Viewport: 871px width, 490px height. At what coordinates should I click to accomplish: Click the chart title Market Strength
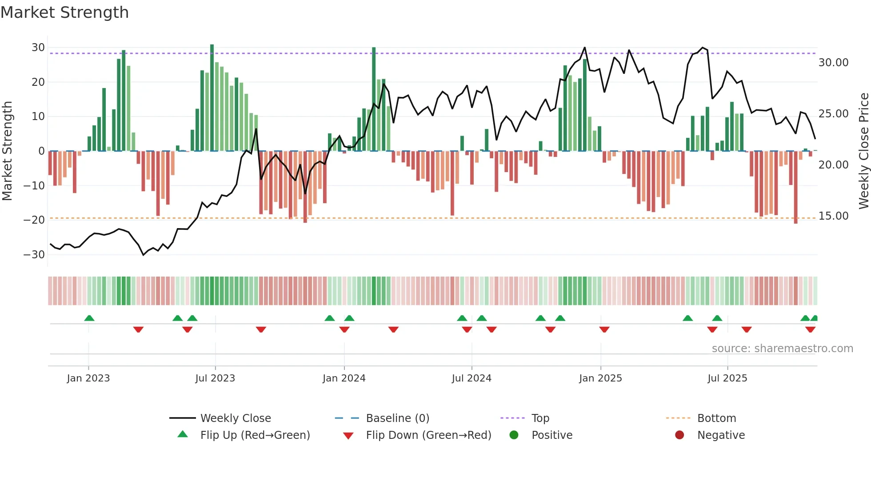(64, 12)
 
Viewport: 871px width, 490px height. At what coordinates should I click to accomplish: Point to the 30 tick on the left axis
(38, 48)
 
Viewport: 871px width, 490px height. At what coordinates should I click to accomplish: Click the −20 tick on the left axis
(34, 220)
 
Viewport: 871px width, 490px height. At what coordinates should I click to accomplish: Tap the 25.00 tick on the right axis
(833, 114)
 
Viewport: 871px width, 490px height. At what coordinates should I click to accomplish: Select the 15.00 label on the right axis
(833, 216)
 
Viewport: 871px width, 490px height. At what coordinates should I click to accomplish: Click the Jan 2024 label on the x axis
(344, 378)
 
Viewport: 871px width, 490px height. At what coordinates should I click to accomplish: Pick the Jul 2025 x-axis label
(727, 378)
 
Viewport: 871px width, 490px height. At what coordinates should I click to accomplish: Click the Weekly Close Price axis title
(863, 151)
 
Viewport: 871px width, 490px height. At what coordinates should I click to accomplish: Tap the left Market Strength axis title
(7, 151)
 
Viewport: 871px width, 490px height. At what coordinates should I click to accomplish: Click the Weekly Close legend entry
(236, 418)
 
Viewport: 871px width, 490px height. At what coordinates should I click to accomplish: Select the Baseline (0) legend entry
(397, 418)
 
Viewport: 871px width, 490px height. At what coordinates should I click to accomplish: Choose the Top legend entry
(540, 418)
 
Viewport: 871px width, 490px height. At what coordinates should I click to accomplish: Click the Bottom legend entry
(716, 418)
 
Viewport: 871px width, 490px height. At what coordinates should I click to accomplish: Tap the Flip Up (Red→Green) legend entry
(255, 435)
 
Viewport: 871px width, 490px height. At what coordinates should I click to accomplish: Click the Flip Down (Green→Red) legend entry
(428, 435)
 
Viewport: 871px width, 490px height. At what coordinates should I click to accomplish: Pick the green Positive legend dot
(514, 435)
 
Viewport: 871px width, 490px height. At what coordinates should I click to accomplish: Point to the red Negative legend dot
(679, 435)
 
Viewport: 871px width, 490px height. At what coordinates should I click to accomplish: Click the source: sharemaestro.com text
(782, 349)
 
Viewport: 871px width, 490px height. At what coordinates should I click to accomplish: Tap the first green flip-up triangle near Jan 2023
(89, 318)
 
